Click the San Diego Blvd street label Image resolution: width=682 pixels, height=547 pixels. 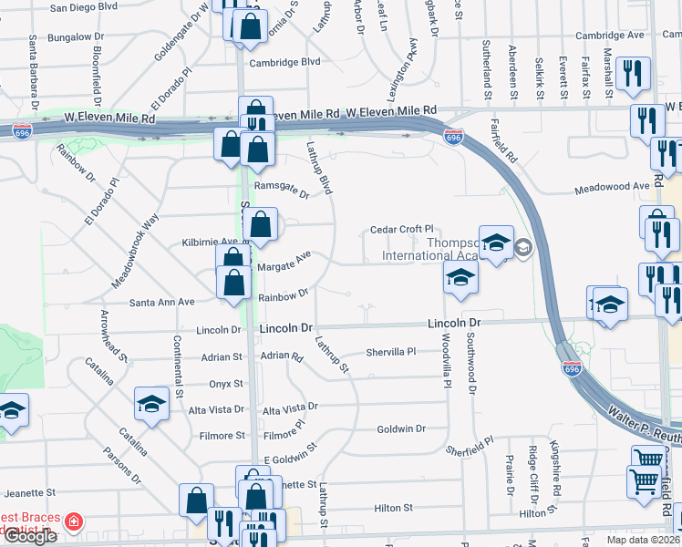click(84, 6)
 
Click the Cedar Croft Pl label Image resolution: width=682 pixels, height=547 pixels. click(405, 230)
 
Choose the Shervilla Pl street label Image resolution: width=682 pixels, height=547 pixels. click(390, 351)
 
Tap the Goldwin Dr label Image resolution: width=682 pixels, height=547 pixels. click(402, 428)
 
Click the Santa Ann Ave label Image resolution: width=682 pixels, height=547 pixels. click(162, 302)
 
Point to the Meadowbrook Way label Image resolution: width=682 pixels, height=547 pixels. click(139, 252)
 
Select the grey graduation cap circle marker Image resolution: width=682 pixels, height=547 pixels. click(523, 246)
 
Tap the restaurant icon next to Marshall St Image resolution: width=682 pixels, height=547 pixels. click(632, 76)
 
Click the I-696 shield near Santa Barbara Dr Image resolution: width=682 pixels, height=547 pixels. click(24, 132)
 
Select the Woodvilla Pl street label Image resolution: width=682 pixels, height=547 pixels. click(446, 360)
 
